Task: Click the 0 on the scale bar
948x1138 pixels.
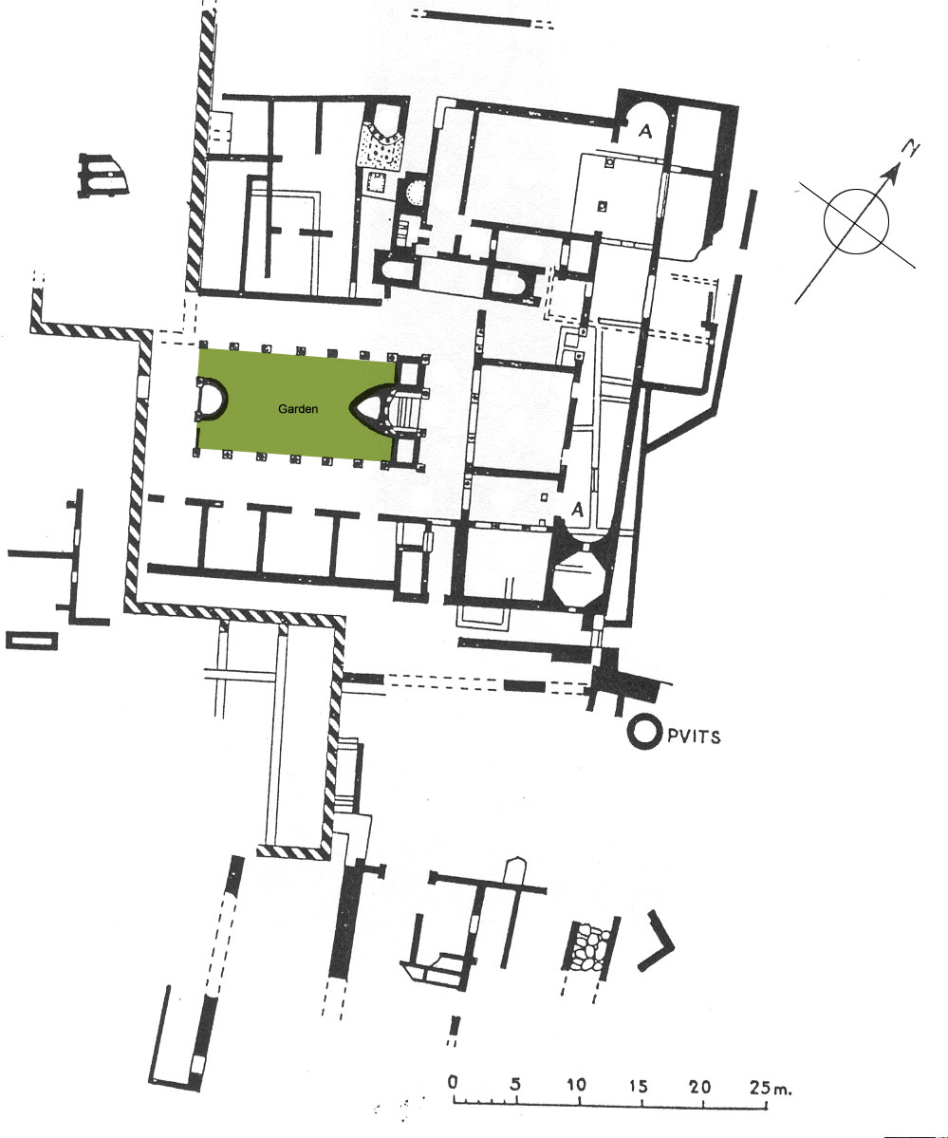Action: pyautogui.click(x=454, y=1083)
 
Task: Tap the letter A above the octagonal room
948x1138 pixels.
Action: pyautogui.click(x=576, y=510)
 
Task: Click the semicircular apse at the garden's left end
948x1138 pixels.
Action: pyautogui.click(x=210, y=399)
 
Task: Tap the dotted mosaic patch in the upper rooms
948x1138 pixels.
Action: pyautogui.click(x=382, y=145)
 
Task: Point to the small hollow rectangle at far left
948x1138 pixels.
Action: pyautogui.click(x=31, y=641)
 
